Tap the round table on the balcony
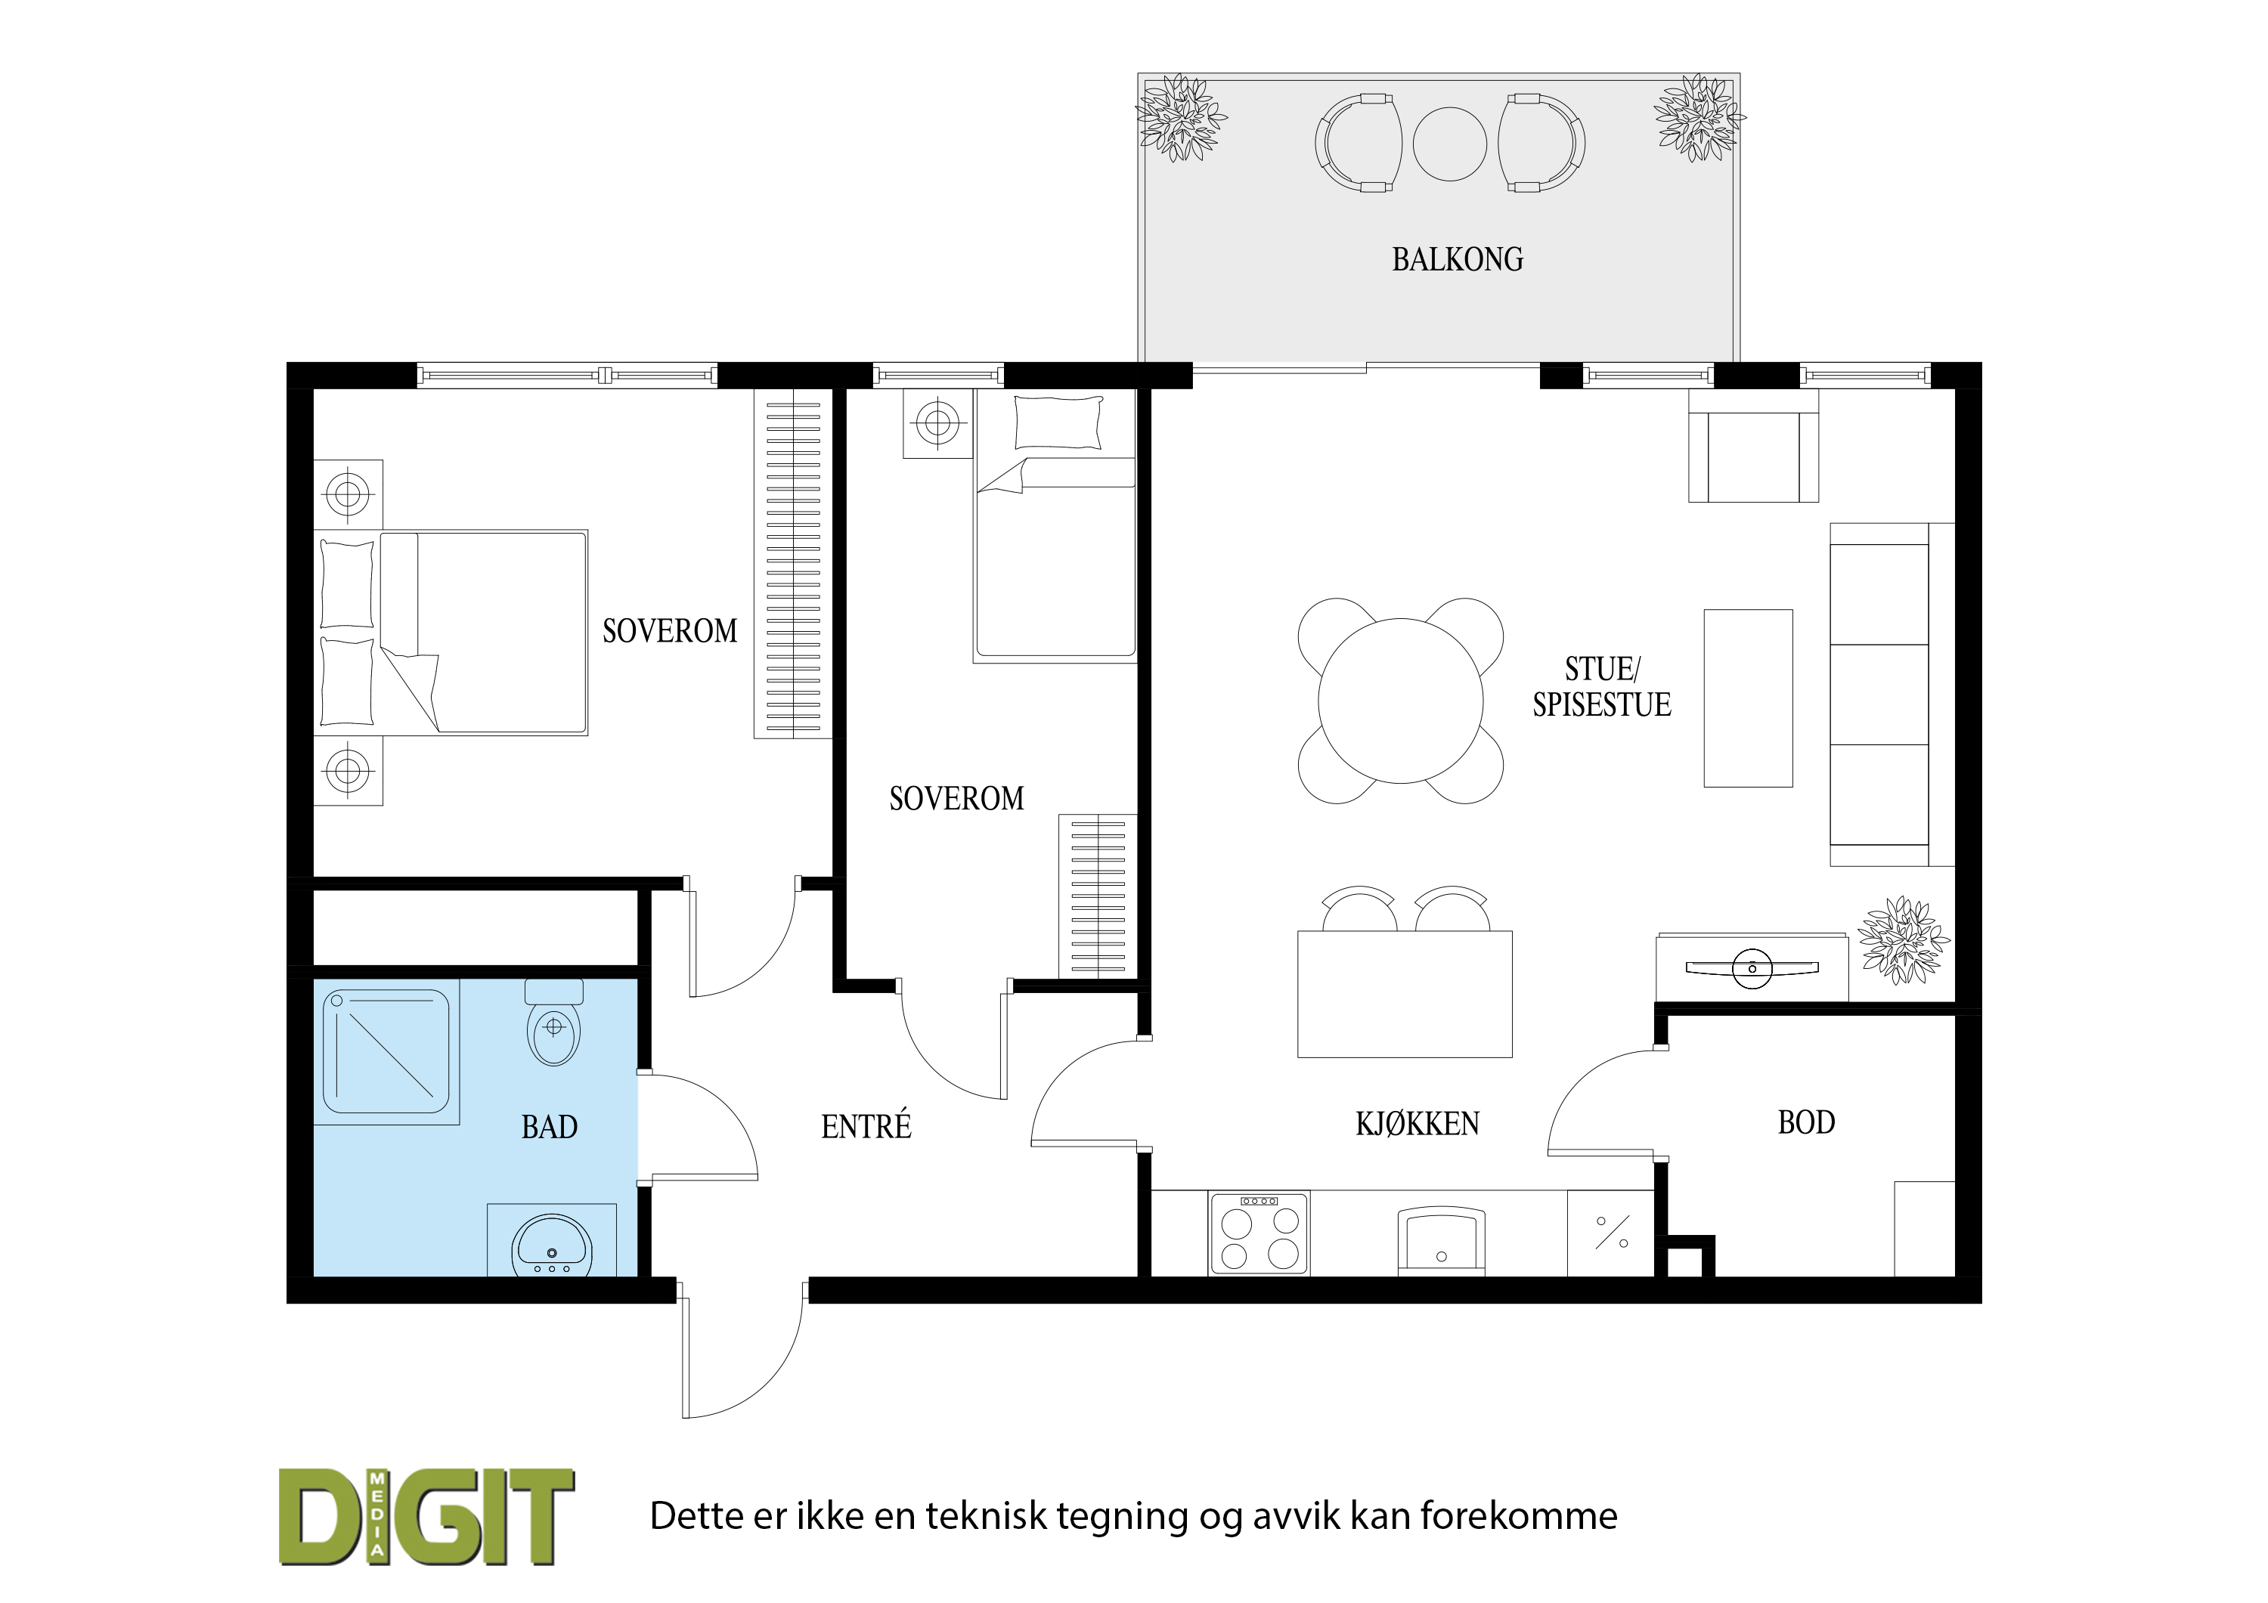[1449, 144]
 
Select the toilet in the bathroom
[554, 1023]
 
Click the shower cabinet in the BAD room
[387, 1052]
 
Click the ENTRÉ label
[866, 1126]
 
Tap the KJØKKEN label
[1417, 1124]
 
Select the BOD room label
[1807, 1122]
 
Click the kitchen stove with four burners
[1259, 1233]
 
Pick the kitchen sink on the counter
[1441, 1240]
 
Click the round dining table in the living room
[1401, 701]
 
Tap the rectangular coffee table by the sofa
[1749, 698]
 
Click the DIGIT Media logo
[426, 1517]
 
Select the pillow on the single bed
[1058, 422]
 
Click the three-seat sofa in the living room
[1892, 695]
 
